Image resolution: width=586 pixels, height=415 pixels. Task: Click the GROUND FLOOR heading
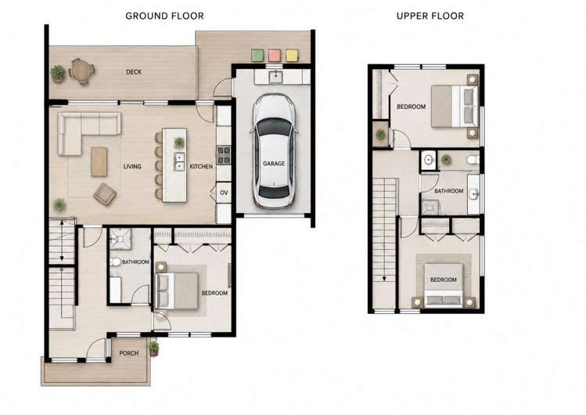[x=164, y=16]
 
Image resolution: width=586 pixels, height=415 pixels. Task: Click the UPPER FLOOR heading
[x=430, y=16]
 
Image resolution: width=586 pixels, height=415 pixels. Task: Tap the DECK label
[x=134, y=72]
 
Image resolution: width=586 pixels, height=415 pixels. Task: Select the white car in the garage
[x=275, y=150]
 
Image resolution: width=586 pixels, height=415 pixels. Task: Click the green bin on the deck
[x=257, y=56]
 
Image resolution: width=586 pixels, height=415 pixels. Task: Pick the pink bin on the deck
[x=275, y=56]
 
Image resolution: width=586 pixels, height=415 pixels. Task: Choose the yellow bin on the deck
[x=292, y=56]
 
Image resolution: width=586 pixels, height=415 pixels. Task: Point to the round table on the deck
[x=81, y=70]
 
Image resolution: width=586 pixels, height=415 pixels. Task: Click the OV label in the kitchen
[x=224, y=193]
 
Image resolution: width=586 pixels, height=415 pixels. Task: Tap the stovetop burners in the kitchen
[x=224, y=155]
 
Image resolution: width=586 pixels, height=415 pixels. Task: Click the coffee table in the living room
[x=99, y=161]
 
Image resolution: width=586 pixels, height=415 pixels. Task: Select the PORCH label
[x=129, y=353]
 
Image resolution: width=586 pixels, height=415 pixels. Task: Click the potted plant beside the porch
[x=154, y=348]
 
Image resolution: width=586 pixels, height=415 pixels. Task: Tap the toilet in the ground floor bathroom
[x=115, y=262]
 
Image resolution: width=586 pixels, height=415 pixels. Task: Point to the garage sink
[x=276, y=77]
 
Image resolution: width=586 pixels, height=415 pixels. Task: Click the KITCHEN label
[x=201, y=166]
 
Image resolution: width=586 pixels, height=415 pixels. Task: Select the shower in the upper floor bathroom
[x=430, y=207]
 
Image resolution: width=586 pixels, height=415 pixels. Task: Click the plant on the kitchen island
[x=179, y=143]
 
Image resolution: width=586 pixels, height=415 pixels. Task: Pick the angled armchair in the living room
[x=105, y=194]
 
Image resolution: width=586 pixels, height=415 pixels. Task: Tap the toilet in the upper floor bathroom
[x=473, y=160]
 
